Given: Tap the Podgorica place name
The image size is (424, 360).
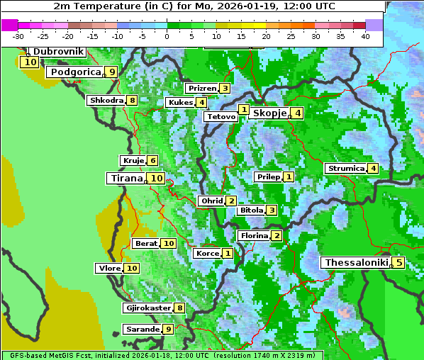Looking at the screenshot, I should tap(74, 72).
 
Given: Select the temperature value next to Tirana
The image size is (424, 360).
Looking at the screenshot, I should tap(157, 179).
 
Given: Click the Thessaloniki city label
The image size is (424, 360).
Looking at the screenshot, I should tap(356, 263).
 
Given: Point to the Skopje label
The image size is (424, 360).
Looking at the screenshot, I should tap(269, 113).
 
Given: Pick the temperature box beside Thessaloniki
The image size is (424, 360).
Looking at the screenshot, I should tap(398, 263).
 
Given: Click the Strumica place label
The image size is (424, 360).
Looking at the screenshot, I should tap(345, 169).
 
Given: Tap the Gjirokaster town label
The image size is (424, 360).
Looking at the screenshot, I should tap(147, 308).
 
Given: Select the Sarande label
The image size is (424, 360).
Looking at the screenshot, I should tap(142, 330).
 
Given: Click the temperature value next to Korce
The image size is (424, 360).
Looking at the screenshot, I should tap(228, 254).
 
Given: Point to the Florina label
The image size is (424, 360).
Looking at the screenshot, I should tap(254, 236).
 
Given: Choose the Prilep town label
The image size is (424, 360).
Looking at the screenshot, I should tap(268, 176).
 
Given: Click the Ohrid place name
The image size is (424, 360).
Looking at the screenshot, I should tap(211, 201).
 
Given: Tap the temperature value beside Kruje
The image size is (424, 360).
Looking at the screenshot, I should tap(152, 161).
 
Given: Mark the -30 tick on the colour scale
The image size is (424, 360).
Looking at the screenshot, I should tap(18, 35).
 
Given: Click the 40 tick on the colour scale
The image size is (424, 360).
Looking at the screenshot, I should tap(365, 35).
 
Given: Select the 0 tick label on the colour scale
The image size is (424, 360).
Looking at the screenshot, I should tap(167, 35).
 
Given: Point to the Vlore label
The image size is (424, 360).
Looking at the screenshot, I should tap(109, 269).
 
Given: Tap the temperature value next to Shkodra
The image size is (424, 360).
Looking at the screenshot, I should tap(132, 101).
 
